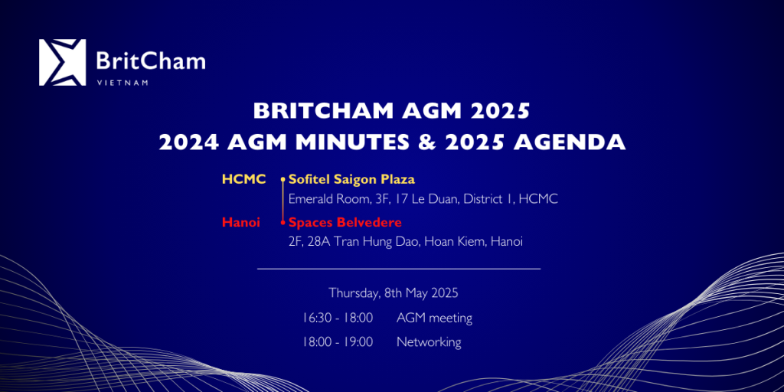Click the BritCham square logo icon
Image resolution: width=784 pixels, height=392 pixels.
(63, 63)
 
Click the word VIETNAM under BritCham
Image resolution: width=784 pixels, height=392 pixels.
(122, 83)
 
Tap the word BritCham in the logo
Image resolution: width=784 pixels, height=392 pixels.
(151, 61)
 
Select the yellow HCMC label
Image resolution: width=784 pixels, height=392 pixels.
(244, 179)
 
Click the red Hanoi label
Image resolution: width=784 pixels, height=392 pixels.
(241, 222)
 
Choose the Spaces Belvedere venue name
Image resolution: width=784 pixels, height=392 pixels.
(345, 222)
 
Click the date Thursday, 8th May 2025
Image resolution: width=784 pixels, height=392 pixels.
(393, 293)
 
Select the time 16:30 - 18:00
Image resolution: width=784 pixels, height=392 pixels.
(338, 318)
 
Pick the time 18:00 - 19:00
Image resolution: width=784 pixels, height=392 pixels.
(338, 342)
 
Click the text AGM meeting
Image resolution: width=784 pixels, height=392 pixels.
(435, 318)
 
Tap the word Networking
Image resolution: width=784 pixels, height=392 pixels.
(429, 342)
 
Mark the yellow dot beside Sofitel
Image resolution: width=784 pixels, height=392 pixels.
(283, 179)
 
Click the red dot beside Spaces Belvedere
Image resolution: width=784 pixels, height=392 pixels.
(283, 222)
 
